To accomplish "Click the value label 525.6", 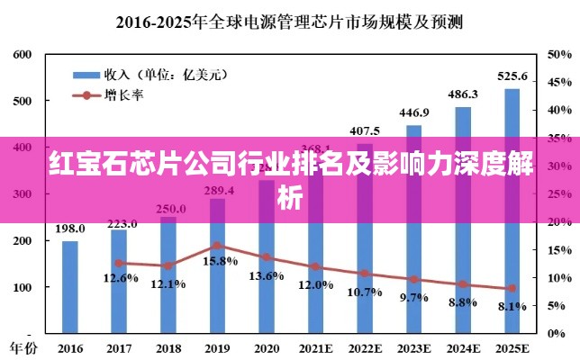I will tap(512, 76).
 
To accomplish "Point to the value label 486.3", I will tap(463, 94).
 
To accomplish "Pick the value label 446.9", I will tap(413, 112).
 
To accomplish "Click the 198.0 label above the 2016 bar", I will tap(70, 229).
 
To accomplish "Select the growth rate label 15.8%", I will tap(221, 261).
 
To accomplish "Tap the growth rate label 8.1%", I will tap(512, 306).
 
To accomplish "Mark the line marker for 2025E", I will tap(512, 288).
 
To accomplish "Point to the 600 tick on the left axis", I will tap(23, 55).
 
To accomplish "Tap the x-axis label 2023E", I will tap(413, 346).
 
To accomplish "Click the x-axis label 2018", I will tap(168, 346).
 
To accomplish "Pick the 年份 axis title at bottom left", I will tap(24, 346).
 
